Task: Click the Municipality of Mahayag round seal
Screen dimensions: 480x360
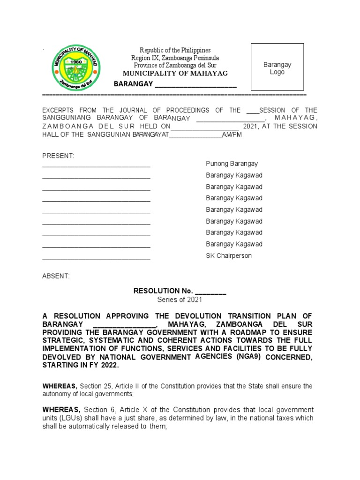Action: point(75,68)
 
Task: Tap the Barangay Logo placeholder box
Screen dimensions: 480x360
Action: point(277,67)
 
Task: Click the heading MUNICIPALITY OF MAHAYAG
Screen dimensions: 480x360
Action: point(175,74)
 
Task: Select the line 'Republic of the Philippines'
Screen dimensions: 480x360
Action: point(175,50)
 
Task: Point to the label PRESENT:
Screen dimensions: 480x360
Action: point(58,156)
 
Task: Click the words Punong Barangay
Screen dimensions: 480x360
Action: point(232,164)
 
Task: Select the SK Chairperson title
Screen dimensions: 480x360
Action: point(229,255)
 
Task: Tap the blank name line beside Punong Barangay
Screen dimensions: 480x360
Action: point(96,165)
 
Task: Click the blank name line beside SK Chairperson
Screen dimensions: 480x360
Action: point(96,256)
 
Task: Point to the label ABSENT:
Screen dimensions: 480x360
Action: point(56,276)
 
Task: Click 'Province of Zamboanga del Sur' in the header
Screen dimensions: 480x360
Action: point(175,65)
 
